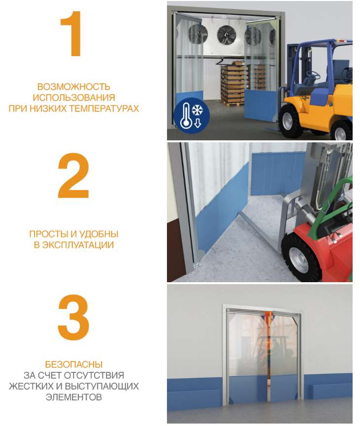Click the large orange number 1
(x=72, y=33)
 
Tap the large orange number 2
(x=73, y=175)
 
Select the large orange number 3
(x=73, y=317)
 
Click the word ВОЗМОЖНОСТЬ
(x=74, y=87)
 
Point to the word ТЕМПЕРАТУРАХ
(x=104, y=108)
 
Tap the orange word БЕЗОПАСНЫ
(x=74, y=364)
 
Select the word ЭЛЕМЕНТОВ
(x=74, y=397)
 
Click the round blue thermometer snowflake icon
(x=192, y=115)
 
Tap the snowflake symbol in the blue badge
(x=197, y=110)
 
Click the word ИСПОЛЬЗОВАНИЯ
(x=74, y=98)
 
